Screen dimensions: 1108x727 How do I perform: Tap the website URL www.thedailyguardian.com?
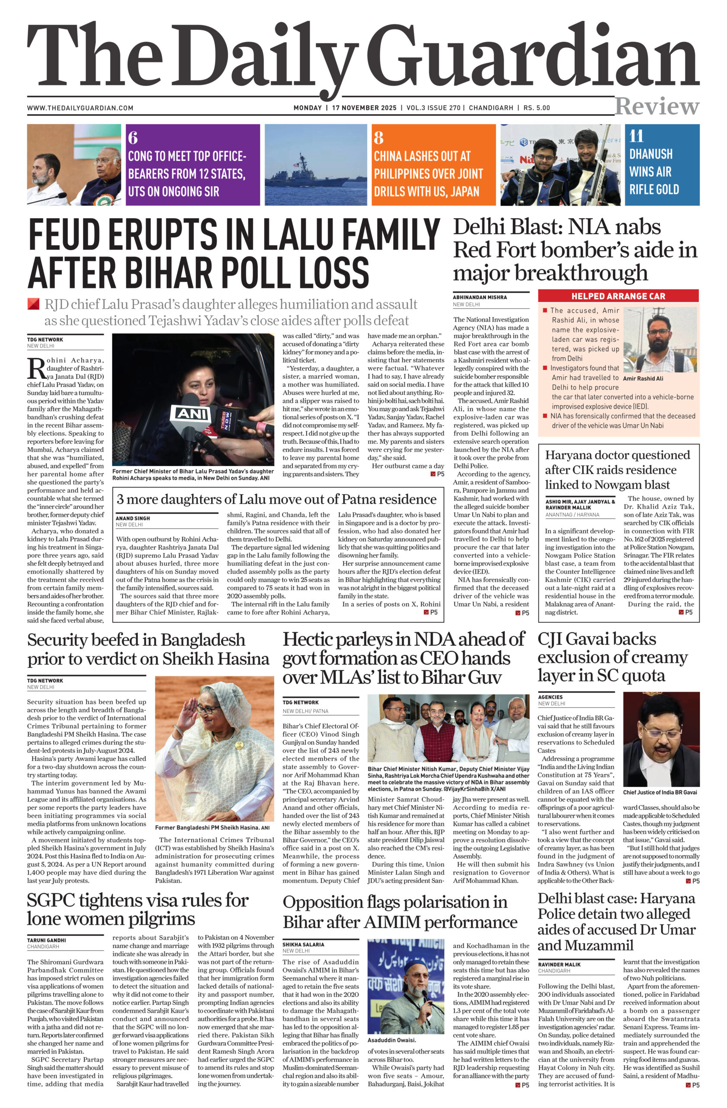[x=80, y=108]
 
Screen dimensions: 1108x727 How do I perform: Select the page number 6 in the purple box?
[x=133, y=138]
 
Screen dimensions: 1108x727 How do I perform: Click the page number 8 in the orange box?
[x=378, y=138]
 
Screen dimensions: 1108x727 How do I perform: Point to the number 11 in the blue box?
[x=636, y=136]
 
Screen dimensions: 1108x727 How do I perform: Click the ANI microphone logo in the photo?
[x=189, y=413]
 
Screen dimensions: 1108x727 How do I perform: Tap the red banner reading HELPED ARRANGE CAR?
[x=618, y=296]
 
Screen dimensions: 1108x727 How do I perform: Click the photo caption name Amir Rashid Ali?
[x=643, y=378]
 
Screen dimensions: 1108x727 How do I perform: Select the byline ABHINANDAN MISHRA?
[x=480, y=297]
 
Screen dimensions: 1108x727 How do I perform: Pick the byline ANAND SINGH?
[x=133, y=518]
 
